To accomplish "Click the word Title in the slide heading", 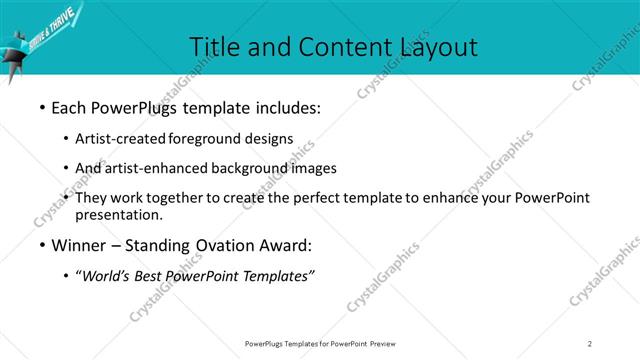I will pyautogui.click(x=214, y=46).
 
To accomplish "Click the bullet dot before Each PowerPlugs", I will pyautogui.click(x=41, y=105).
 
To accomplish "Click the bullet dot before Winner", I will pyautogui.click(x=41, y=245).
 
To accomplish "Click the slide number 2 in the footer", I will pyautogui.click(x=590, y=344).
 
